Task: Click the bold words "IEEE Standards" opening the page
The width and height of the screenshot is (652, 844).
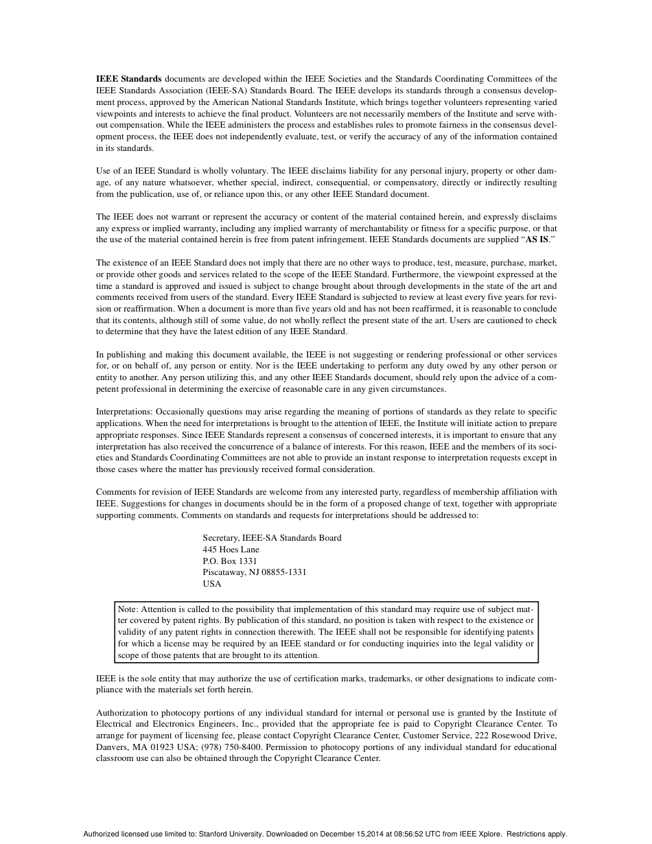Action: (129, 79)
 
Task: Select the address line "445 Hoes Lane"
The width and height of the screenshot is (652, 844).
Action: (231, 549)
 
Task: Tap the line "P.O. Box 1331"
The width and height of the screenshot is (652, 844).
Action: (229, 561)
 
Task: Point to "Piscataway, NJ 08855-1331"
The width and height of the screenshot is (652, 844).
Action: (254, 572)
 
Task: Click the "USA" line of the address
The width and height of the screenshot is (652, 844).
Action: (212, 584)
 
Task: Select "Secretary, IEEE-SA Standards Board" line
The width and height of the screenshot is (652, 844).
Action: (272, 538)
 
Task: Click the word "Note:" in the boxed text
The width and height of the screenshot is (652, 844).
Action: (128, 609)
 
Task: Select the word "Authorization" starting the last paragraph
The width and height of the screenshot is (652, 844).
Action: (121, 713)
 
